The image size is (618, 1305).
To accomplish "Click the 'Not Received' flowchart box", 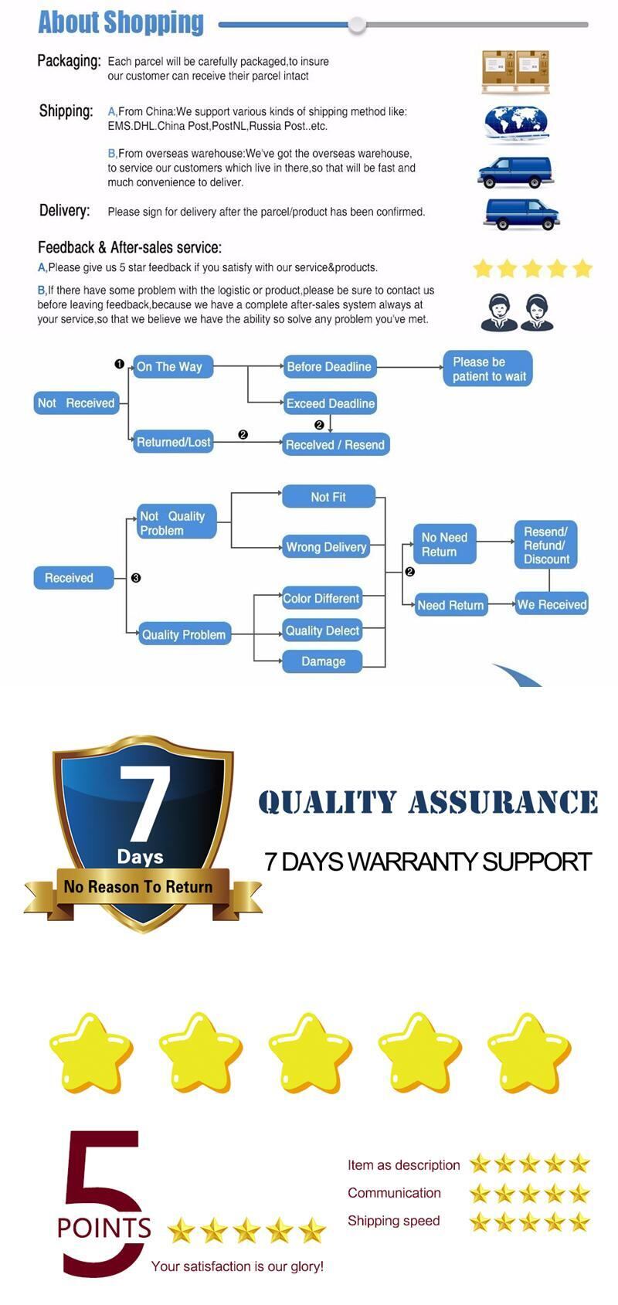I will [x=76, y=403].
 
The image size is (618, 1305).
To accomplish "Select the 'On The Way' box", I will [x=171, y=367].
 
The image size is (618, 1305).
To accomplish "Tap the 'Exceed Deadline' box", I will [x=330, y=403].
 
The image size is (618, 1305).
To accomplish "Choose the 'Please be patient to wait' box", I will [x=488, y=369].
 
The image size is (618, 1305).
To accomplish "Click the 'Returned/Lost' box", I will [x=173, y=442].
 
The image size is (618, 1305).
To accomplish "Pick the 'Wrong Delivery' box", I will [x=326, y=547].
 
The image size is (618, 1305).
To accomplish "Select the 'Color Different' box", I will [x=321, y=598].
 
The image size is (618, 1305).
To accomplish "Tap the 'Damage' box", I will [x=323, y=661].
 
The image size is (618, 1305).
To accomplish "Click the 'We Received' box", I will [x=552, y=604].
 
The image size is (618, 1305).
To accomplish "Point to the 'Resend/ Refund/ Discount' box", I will [x=545, y=545].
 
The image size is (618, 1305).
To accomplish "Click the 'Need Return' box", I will [x=450, y=605].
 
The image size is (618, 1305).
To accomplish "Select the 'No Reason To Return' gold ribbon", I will [x=139, y=887].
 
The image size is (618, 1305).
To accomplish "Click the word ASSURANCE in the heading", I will [x=503, y=802].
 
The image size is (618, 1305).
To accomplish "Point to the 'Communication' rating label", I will [x=394, y=1193].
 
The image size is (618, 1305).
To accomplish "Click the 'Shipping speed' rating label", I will [x=393, y=1221].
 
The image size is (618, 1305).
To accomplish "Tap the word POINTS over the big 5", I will [x=104, y=1227].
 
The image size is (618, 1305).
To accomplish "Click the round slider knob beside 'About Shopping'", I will [x=357, y=25].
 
